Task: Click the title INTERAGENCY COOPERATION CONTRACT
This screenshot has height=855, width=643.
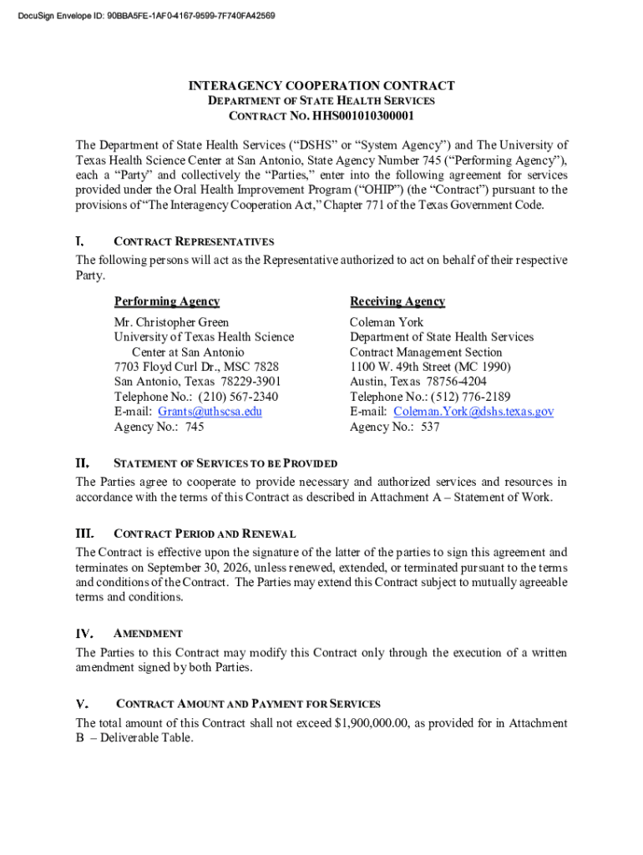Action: (321, 86)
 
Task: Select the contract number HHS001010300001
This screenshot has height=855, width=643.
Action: (361, 116)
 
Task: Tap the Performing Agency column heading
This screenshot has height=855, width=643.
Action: (167, 301)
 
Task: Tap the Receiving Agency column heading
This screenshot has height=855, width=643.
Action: (397, 301)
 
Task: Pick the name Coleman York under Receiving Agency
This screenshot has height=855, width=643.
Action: (387, 322)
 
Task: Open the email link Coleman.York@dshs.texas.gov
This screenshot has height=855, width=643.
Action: (473, 412)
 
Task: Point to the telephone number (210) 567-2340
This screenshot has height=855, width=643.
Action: (238, 397)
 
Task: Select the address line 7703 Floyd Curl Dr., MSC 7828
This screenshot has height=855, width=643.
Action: (196, 367)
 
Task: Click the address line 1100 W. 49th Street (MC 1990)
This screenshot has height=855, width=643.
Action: (430, 367)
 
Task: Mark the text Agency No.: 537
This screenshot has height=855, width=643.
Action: (394, 427)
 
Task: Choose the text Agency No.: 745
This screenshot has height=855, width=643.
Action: (159, 427)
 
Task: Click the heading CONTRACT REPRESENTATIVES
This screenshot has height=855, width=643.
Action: (193, 242)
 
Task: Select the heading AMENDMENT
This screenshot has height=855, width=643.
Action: (148, 634)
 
